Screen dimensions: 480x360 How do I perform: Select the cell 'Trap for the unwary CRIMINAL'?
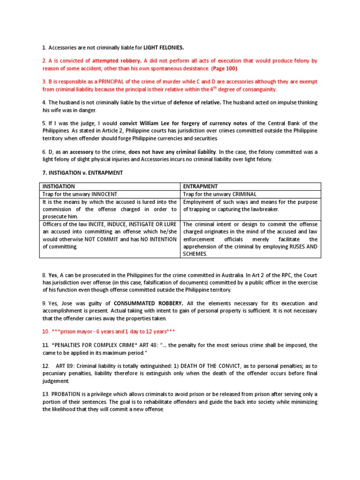220,194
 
